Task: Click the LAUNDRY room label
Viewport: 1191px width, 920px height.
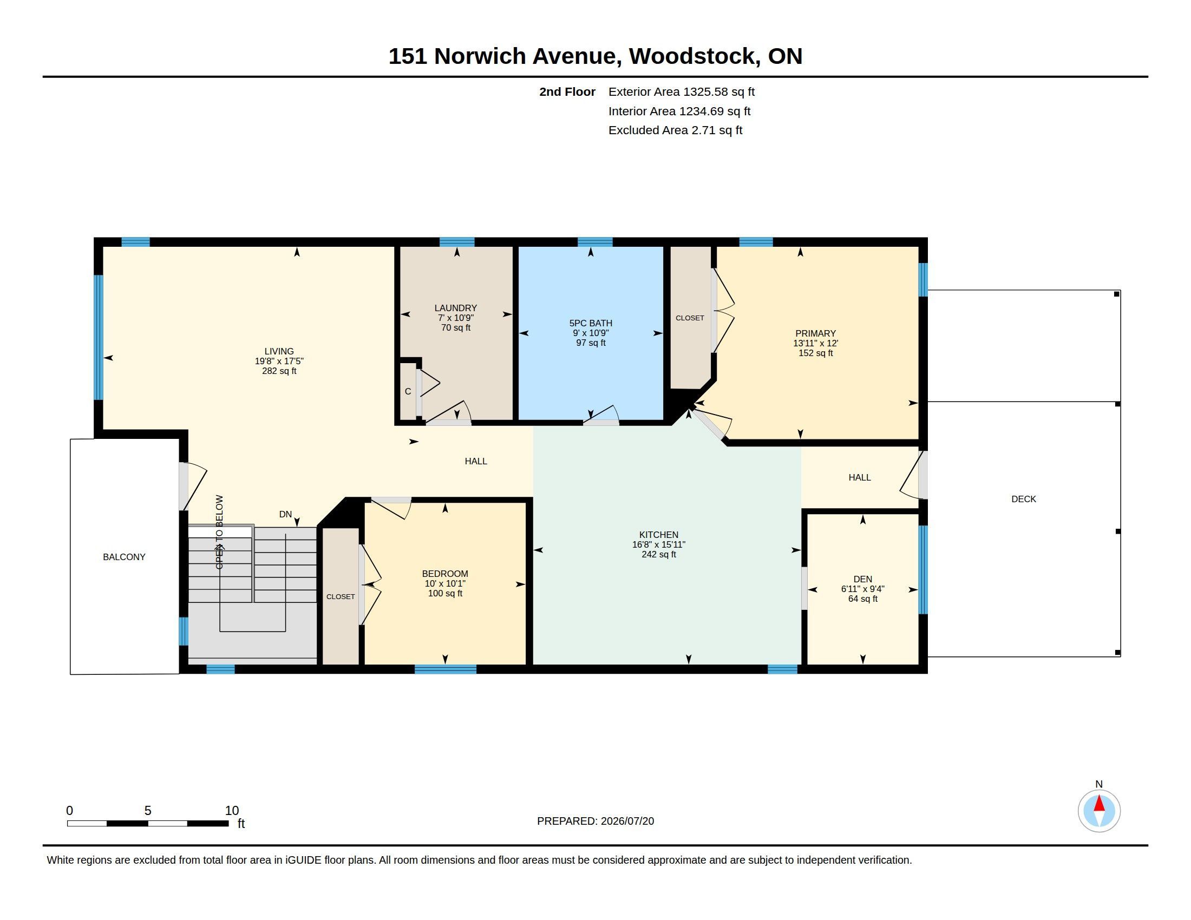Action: (x=455, y=308)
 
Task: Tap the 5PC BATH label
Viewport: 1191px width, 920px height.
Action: (x=591, y=323)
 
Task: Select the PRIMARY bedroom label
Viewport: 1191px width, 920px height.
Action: (x=815, y=333)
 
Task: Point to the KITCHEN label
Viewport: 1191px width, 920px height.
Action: (x=659, y=535)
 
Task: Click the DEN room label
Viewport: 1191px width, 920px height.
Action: (x=863, y=580)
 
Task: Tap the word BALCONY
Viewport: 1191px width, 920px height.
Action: (x=125, y=557)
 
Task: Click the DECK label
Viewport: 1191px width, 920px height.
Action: (x=1024, y=500)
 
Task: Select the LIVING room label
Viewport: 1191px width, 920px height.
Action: (x=279, y=352)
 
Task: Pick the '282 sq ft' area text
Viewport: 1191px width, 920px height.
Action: (x=279, y=371)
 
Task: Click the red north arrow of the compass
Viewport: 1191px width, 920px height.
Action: (x=1100, y=804)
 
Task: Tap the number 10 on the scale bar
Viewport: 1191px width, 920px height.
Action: (x=232, y=811)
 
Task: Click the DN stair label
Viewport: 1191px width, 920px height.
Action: (x=286, y=514)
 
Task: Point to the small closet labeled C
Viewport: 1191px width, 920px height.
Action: (x=408, y=391)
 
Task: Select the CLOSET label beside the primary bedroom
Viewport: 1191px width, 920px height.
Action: (x=690, y=318)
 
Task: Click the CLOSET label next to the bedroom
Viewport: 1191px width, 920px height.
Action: (x=341, y=597)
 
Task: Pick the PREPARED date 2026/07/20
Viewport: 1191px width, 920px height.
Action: (x=627, y=822)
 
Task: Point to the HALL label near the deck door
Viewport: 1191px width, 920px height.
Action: (x=860, y=477)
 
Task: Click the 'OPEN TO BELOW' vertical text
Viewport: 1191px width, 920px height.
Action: (x=219, y=532)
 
